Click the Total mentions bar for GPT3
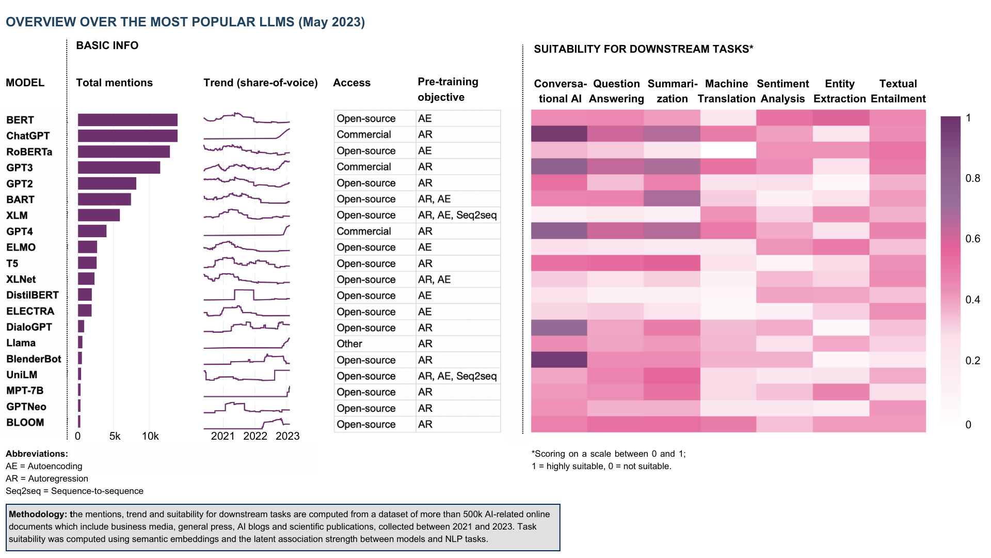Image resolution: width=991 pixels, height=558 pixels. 119,167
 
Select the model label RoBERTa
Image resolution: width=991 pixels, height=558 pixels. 29,152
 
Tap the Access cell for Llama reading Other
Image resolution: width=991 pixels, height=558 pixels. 349,344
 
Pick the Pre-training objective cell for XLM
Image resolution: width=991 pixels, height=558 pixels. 457,215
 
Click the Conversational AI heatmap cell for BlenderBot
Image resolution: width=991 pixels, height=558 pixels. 559,360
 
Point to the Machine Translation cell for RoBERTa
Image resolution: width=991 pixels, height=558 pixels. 728,150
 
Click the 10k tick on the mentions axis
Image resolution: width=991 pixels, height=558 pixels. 150,436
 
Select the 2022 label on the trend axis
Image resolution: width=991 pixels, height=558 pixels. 255,436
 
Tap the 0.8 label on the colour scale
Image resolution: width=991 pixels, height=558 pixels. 973,178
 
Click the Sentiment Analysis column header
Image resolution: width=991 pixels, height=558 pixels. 782,91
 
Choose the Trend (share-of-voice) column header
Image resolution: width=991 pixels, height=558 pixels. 260,83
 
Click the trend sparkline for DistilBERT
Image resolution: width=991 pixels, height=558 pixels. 246,296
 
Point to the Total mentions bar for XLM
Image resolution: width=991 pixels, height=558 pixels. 99,215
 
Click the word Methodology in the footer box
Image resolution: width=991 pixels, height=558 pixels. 38,514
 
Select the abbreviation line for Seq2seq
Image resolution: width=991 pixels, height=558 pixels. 74,491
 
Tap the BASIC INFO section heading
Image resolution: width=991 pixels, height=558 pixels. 107,45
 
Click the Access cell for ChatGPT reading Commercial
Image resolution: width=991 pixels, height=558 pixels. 364,134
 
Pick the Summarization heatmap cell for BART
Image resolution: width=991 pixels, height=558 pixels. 672,199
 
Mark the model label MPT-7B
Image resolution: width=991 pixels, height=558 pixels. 25,391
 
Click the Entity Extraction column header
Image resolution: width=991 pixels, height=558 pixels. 839,91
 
